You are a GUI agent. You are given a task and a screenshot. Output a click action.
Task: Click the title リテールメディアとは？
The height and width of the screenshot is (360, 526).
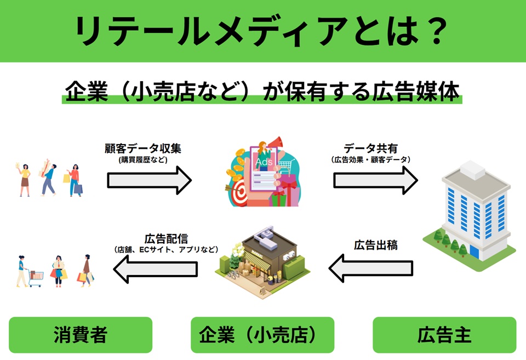[x=262, y=31]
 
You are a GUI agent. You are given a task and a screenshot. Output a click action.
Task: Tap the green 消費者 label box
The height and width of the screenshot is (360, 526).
[x=81, y=335]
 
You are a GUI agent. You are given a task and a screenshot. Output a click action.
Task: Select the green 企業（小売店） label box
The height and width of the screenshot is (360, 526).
[x=262, y=335]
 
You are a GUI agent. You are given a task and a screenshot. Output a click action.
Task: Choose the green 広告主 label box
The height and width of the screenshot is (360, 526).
[x=444, y=335]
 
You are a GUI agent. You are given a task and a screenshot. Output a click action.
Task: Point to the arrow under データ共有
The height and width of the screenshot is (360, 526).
[x=376, y=180]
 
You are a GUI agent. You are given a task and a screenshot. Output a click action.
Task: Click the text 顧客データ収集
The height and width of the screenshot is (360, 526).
[x=147, y=148]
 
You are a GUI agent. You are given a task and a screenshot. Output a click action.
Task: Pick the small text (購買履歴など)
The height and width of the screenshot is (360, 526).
[x=147, y=160]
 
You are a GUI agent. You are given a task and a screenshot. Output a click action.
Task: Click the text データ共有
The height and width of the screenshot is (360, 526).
[x=371, y=148]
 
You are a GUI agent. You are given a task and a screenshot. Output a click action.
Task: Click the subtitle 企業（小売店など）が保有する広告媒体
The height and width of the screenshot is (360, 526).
[x=262, y=92]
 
